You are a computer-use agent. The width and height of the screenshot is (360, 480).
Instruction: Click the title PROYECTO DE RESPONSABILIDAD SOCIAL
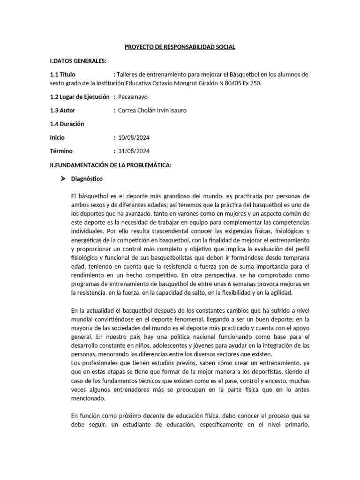tap(180, 47)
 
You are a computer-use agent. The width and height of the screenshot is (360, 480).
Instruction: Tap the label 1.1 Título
tap(62, 75)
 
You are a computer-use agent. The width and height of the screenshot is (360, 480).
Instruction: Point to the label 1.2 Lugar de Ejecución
tap(79, 97)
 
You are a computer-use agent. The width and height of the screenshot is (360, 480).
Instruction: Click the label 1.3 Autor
tap(62, 110)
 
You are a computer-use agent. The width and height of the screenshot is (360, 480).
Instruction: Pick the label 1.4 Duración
tap(67, 124)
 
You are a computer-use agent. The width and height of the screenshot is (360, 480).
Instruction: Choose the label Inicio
tap(57, 138)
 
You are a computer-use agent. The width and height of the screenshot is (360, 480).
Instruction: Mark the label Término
tap(61, 151)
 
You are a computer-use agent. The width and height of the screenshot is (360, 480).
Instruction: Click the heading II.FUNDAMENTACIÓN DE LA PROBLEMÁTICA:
tap(111, 165)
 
